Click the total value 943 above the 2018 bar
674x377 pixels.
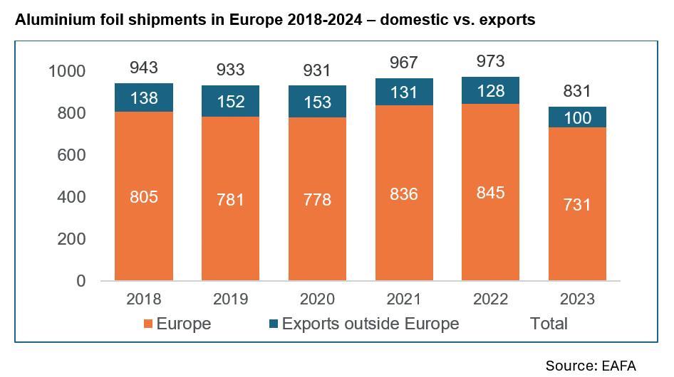pos(144,69)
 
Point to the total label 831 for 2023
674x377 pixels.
pos(576,92)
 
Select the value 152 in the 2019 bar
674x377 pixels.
pos(230,102)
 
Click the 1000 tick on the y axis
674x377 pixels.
pos(66,72)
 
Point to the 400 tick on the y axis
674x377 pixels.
pos(71,198)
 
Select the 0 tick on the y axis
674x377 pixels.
pos(81,282)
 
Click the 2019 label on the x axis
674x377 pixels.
pos(230,299)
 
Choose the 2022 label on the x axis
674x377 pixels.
pos(490,299)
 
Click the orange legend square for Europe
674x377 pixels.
pos(147,325)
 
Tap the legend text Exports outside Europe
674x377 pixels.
pos(370,324)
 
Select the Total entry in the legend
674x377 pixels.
pos(549,324)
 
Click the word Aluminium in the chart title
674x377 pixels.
pos(52,20)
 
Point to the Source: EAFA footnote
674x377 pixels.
pos(591,365)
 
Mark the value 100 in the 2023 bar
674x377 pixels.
pos(576,118)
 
